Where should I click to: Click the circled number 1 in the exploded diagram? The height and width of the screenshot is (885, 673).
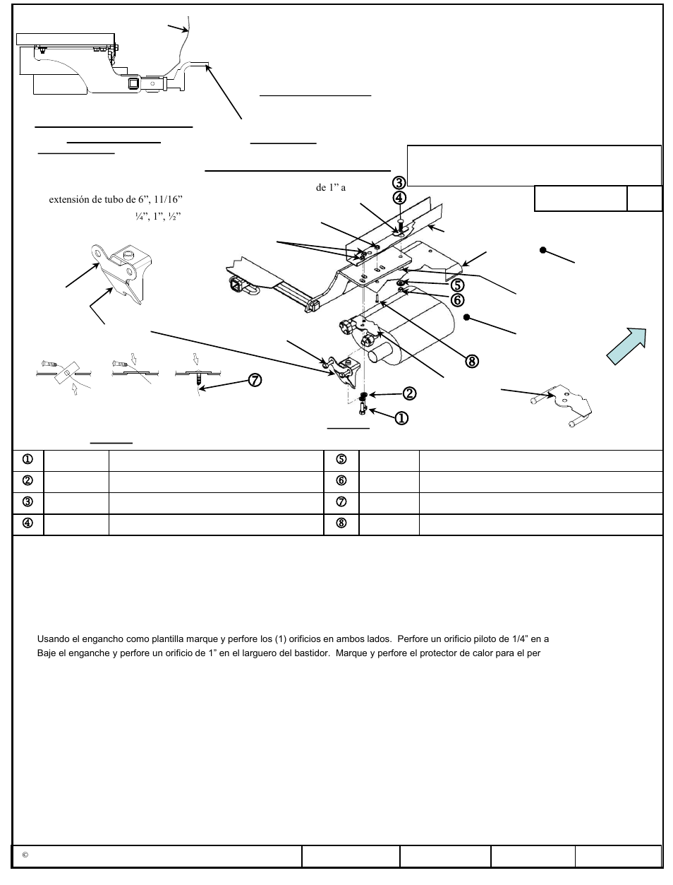point(401,417)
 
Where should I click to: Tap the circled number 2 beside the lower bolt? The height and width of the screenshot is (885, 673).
point(409,393)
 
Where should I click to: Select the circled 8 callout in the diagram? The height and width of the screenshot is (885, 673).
point(471,361)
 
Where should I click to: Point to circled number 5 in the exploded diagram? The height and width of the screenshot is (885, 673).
point(458,285)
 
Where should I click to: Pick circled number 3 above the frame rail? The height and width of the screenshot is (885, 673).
point(399,184)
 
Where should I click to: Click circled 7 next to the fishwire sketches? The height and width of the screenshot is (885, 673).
point(254,380)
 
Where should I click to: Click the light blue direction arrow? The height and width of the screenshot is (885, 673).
point(627,345)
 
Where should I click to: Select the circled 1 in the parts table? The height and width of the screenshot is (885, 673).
point(28,460)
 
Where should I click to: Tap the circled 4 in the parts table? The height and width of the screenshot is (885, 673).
point(28,524)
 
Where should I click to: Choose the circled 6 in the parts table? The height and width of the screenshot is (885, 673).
point(341,481)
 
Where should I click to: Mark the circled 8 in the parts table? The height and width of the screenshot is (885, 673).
point(341,524)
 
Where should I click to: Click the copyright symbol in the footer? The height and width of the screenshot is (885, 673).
point(25,855)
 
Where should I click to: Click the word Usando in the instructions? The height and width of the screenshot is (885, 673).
point(52,639)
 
